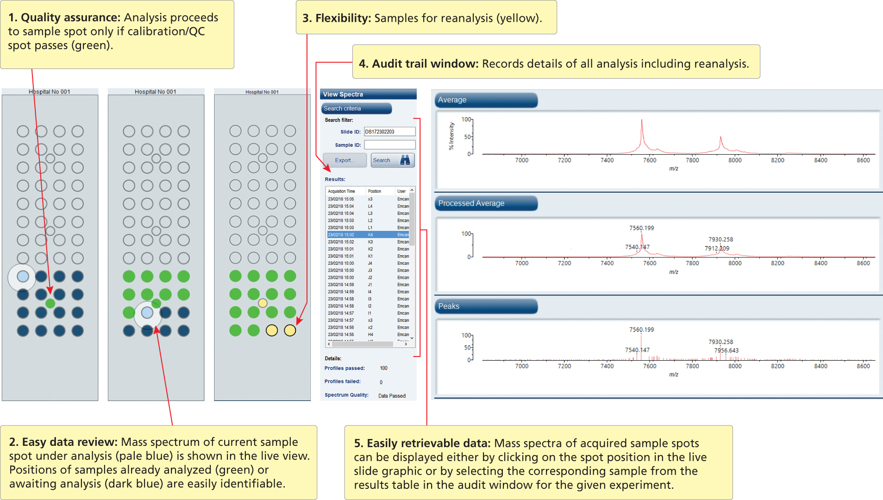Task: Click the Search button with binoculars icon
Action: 392,160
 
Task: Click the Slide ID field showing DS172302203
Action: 389,132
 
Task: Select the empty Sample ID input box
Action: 389,145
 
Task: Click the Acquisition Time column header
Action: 341,191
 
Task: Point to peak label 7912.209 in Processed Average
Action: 717,249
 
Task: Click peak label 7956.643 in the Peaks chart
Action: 726,350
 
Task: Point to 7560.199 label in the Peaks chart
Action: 641,330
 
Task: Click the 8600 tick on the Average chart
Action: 863,160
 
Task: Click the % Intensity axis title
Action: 451,136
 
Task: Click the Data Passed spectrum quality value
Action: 392,396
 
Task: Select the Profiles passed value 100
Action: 383,369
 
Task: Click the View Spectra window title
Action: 343,94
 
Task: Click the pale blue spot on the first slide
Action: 23,276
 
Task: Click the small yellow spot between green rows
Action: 263,303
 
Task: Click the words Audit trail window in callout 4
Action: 425,64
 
